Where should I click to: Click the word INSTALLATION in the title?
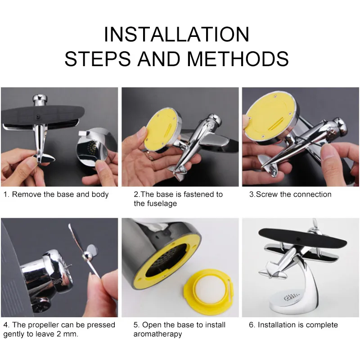click(176, 34)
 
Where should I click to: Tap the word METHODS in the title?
click(238, 59)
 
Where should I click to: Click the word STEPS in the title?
click(98, 59)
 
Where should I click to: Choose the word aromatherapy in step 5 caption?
click(158, 334)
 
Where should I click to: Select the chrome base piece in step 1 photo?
click(96, 147)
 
